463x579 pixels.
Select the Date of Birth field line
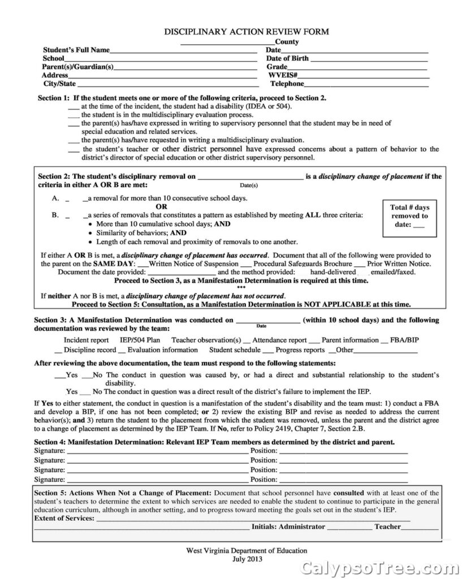click(x=369, y=59)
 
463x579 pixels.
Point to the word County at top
click(x=287, y=42)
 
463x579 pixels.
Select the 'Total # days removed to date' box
click(x=410, y=216)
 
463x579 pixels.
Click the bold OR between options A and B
click(x=162, y=206)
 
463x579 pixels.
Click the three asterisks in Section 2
click(x=241, y=288)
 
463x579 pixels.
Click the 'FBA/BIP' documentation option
click(x=405, y=340)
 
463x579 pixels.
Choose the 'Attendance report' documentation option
click(x=279, y=340)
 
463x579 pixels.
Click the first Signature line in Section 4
click(x=157, y=452)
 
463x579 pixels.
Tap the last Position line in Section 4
click(x=343, y=481)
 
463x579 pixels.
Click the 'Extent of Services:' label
click(x=64, y=518)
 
